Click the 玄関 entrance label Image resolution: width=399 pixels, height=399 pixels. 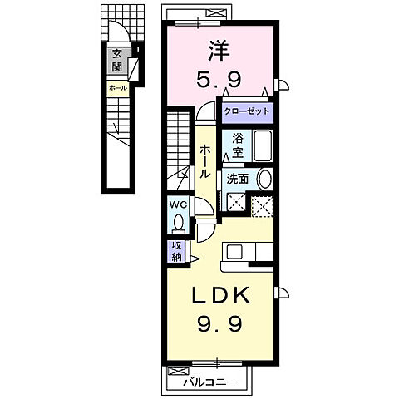point(117,61)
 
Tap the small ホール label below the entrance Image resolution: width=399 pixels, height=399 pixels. point(117,88)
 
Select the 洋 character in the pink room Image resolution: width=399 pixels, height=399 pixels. point(219,51)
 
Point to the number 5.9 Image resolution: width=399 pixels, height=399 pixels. point(219,78)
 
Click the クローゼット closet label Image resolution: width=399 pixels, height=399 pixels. point(247,111)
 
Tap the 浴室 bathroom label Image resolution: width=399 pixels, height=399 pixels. point(238,145)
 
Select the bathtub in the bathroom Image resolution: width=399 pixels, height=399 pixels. point(263,145)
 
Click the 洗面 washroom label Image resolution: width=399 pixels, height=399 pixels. point(238,180)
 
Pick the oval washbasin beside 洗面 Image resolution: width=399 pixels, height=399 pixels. point(264,179)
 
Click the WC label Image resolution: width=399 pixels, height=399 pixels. point(178,205)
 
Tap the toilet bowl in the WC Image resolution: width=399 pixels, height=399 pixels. point(178,223)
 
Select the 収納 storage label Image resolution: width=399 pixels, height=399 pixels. point(177,252)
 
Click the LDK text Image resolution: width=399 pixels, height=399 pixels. point(222,296)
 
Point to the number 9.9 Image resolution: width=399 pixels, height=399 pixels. point(219,323)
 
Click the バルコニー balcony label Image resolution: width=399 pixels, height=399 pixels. point(210,382)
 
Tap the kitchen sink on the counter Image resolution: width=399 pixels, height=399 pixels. point(235,252)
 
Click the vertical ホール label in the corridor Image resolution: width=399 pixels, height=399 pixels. point(205,161)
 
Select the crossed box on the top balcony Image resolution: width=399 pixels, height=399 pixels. point(216,12)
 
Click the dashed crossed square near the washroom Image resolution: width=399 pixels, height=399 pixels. point(262,207)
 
